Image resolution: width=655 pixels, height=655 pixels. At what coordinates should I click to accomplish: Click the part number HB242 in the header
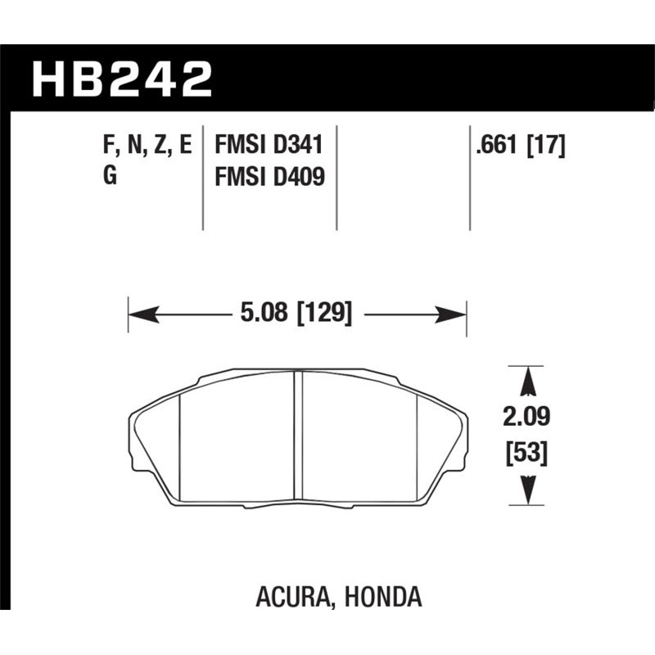point(122,80)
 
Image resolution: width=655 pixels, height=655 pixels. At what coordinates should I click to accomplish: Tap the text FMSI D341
point(269,147)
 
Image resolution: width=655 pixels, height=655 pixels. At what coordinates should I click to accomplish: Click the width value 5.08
point(265,314)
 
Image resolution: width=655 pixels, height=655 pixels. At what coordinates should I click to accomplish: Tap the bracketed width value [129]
point(324,314)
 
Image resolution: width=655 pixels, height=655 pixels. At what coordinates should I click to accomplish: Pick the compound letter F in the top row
point(110,147)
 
